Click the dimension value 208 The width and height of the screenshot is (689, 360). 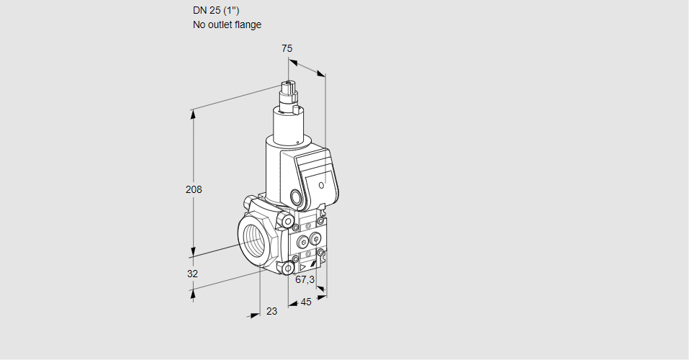point(194,189)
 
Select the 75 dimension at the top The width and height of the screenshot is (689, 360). point(287,48)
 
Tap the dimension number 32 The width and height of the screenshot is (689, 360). point(192,274)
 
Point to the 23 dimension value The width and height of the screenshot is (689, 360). point(272,311)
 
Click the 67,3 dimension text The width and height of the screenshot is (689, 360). point(305,279)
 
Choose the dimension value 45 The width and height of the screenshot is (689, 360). point(306,302)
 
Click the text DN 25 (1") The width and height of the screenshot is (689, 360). point(216,11)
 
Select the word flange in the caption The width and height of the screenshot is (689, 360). point(248,24)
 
